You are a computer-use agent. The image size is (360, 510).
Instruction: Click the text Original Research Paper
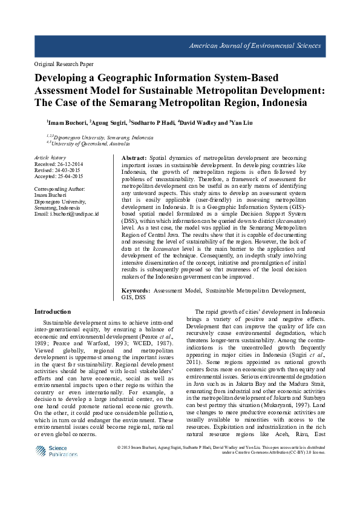tap(64, 64)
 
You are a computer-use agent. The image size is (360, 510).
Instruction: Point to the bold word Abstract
tap(126, 157)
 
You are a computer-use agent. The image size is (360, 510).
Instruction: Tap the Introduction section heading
tap(53, 311)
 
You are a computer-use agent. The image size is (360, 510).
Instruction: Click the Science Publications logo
tap(56, 451)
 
